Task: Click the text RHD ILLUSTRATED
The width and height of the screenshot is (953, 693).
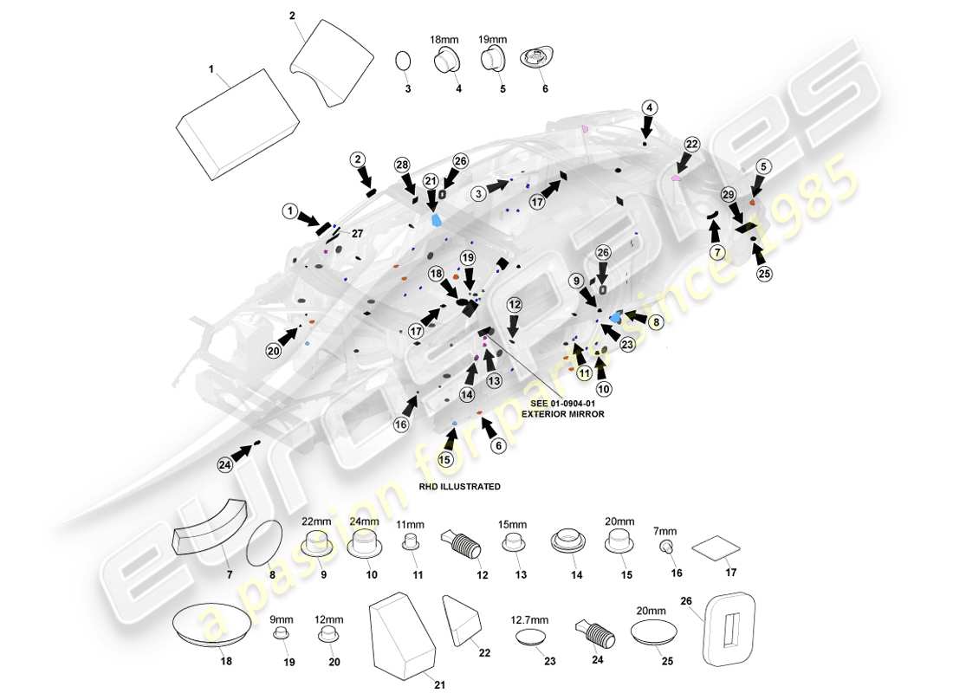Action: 458,487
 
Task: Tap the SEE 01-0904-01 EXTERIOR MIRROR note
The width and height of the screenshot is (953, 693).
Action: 562,409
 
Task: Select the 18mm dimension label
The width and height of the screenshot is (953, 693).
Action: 444,40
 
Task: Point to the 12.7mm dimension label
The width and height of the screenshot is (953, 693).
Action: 528,620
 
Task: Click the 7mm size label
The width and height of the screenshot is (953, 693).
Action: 666,531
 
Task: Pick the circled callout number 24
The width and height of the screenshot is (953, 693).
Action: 225,465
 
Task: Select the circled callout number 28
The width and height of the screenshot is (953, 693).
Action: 402,165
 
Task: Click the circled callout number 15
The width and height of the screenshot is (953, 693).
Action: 445,459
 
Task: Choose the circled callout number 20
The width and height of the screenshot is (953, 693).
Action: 274,350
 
